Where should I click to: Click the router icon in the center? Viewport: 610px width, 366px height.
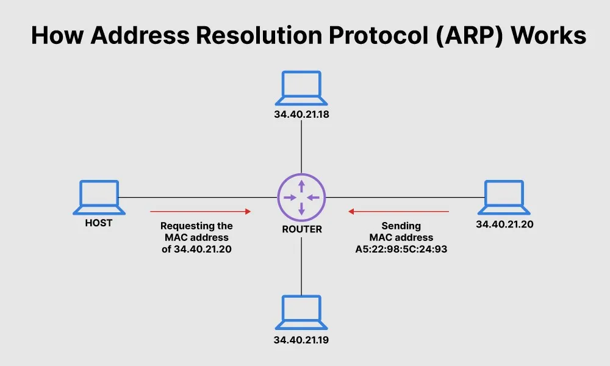(301, 197)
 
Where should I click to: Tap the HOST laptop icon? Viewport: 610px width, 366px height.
(99, 197)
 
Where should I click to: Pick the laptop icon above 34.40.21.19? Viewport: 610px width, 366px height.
(301, 312)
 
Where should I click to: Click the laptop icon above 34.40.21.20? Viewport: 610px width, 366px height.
(504, 197)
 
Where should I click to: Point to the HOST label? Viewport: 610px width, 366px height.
(99, 223)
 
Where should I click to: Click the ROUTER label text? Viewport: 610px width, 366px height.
(301, 230)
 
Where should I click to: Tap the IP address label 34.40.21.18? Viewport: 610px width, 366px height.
(301, 115)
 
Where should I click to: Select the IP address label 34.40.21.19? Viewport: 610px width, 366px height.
(301, 339)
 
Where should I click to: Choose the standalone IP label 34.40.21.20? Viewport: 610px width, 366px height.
(504, 224)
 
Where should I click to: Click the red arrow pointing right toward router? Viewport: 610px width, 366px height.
(201, 212)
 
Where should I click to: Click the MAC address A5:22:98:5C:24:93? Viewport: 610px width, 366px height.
(401, 249)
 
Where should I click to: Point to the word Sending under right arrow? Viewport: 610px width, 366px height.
(401, 226)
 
